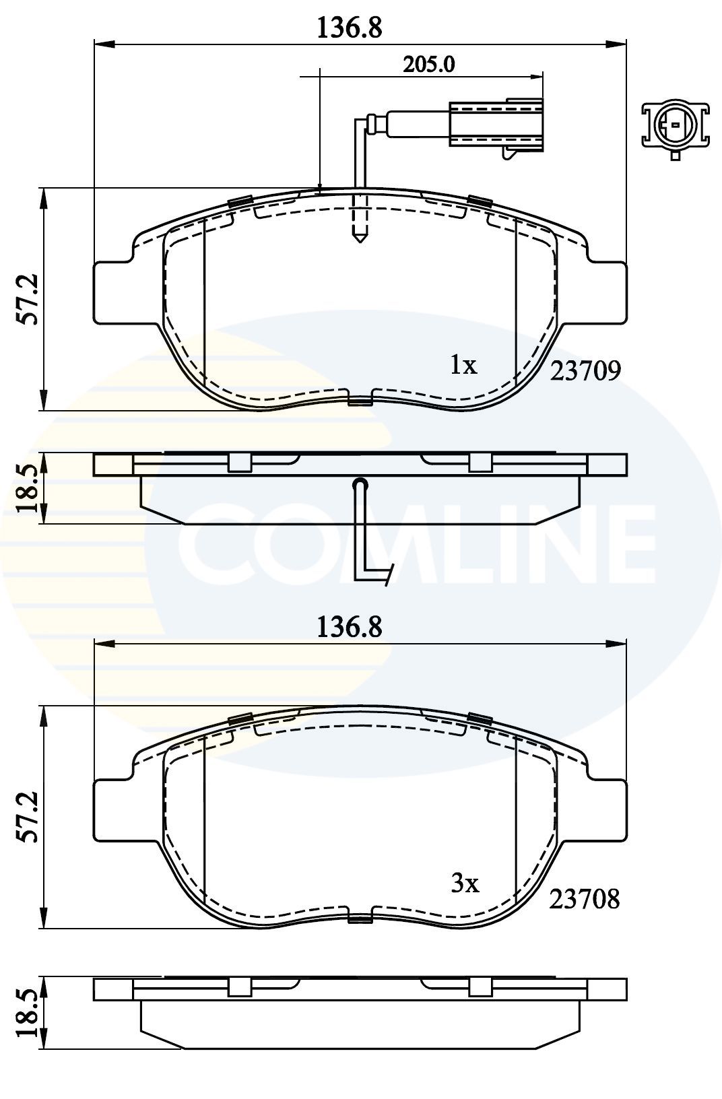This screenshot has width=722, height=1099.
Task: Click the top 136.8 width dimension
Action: click(x=350, y=28)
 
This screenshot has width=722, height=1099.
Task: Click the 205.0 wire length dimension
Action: click(x=429, y=65)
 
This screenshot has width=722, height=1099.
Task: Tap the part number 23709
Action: click(x=585, y=370)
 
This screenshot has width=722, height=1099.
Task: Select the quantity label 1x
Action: click(x=463, y=366)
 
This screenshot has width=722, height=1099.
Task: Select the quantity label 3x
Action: click(x=465, y=884)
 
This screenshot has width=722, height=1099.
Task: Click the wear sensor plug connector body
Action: click(x=496, y=125)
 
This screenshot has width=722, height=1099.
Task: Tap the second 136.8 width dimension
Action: click(x=350, y=627)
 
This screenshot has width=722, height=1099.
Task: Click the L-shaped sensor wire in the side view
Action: click(x=364, y=539)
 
